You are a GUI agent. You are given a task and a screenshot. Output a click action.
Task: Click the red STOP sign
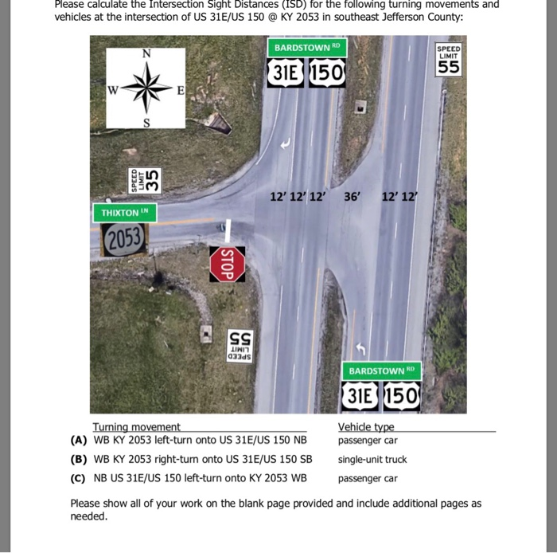coord(227,264)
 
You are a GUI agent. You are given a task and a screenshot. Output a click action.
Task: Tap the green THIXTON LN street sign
coord(125,213)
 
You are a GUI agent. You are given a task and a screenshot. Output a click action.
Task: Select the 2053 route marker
coord(124,237)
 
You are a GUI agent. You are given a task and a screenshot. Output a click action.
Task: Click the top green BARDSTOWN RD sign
coord(306,48)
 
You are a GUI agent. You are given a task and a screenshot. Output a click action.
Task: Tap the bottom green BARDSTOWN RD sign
coord(380,371)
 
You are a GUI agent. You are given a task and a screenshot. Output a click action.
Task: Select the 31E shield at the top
coord(286,74)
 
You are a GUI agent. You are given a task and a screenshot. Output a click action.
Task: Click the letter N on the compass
coord(146,53)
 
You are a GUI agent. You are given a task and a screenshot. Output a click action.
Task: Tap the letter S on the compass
coord(146,122)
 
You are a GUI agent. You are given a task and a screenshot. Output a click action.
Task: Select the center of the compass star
coord(146,87)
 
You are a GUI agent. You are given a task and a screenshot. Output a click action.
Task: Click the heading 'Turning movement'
coord(136,427)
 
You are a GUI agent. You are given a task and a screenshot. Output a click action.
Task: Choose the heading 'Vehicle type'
coord(366,427)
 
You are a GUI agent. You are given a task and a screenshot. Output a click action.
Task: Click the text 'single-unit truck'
coord(372,460)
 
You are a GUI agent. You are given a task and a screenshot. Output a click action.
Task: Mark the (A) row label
coord(78,441)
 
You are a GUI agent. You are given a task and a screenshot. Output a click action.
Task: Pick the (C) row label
coord(78,479)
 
